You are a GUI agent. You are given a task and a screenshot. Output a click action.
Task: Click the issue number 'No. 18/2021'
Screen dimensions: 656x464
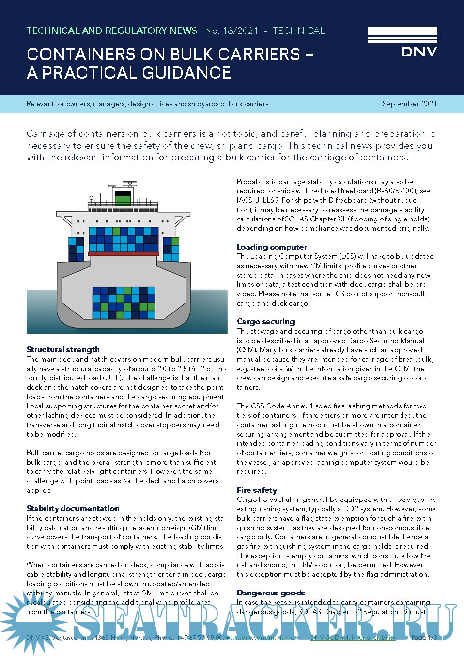[231, 31]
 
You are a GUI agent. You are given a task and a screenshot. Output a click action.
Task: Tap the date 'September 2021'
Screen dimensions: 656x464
[409, 104]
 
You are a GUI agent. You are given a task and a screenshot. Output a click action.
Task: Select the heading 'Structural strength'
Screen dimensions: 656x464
[63, 349]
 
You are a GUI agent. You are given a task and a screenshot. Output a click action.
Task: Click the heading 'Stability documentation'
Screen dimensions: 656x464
[73, 508]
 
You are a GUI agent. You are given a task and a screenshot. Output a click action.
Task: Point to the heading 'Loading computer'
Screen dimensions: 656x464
[272, 247]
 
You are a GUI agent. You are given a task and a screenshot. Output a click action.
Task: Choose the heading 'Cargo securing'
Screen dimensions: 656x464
[266, 321]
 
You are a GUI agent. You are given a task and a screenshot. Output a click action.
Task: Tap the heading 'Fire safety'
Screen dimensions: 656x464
[256, 490]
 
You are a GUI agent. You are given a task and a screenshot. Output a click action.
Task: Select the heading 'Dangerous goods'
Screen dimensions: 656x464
[271, 593]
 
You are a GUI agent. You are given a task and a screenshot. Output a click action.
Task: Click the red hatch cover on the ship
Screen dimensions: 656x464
[124, 254]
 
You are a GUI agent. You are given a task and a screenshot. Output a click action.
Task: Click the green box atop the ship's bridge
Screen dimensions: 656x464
[123, 198]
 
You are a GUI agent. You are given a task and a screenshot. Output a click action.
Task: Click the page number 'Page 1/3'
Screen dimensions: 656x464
[424, 637]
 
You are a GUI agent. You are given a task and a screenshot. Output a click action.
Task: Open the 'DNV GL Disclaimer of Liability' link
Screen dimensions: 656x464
[352, 637]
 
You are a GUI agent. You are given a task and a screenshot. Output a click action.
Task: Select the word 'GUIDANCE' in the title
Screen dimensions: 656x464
[186, 73]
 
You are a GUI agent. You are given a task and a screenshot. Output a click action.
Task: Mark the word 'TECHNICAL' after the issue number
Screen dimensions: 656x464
[299, 31]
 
